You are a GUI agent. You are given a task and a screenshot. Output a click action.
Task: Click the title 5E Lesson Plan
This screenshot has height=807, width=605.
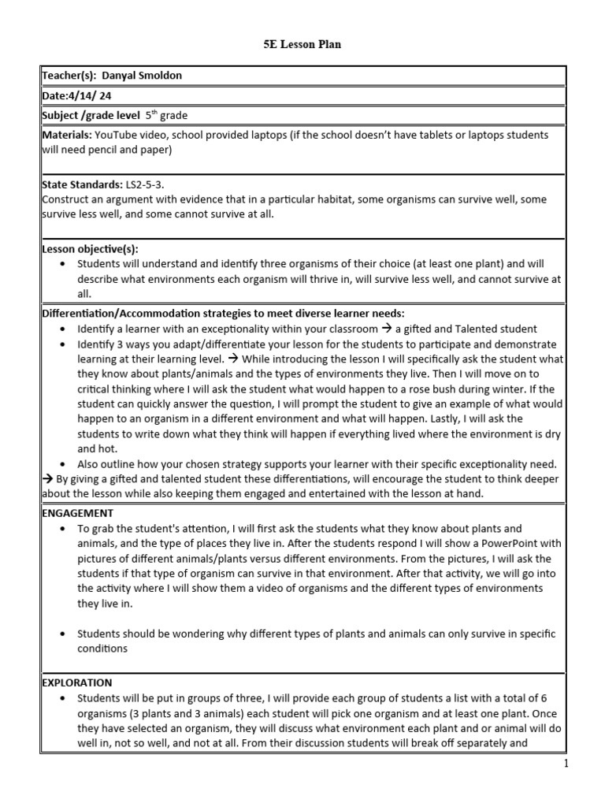pos(302,45)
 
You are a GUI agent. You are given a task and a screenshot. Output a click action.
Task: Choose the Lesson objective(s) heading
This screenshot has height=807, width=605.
pos(90,248)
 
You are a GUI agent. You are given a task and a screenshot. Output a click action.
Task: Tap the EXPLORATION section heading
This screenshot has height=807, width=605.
pos(76,682)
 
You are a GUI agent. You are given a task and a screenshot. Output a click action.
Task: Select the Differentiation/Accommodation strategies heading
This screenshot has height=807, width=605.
pos(222,313)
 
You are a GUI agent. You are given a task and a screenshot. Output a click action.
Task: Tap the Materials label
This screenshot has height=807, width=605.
pos(66,136)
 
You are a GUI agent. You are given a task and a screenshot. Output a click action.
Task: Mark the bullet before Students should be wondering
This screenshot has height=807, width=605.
pos(61,633)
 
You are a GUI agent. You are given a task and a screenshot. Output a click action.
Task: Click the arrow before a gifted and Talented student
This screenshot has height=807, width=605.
pos(388,329)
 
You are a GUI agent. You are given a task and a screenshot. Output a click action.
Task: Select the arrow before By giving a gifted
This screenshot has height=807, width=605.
pos(47,478)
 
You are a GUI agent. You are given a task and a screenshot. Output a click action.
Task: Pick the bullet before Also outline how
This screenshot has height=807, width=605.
pos(61,464)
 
